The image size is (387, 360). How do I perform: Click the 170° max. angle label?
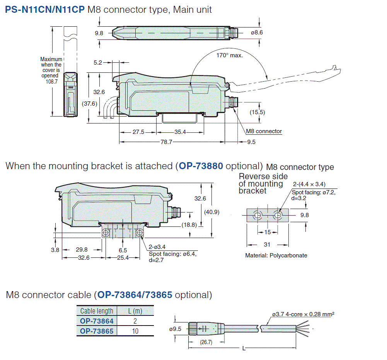pyautogui.click(x=229, y=55)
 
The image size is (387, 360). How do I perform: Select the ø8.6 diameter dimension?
pyautogui.click(x=257, y=33)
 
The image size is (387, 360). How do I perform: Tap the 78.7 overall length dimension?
pyautogui.click(x=166, y=142)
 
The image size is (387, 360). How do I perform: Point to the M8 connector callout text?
pyautogui.click(x=264, y=131)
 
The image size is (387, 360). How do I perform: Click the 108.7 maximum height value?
pyautogui.click(x=51, y=82)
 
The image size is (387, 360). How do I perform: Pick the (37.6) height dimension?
pyautogui.click(x=89, y=103)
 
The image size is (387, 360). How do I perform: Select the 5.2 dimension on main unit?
pyautogui.click(x=98, y=62)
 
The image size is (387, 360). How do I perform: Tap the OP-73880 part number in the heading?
pyautogui.click(x=201, y=166)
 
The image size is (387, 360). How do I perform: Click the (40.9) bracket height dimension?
pyautogui.click(x=211, y=212)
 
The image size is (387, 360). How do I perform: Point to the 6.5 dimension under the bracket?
pyautogui.click(x=123, y=250)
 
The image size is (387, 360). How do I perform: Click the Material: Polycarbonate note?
pyautogui.click(x=276, y=255)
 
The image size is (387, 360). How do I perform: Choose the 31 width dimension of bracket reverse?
pyautogui.click(x=267, y=244)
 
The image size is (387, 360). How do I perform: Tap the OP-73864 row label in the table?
pyautogui.click(x=97, y=321)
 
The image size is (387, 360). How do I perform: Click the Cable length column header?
pyautogui.click(x=97, y=311)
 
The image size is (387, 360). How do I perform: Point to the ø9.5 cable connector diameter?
pyautogui.click(x=176, y=329)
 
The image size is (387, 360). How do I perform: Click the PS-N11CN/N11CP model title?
pyautogui.click(x=45, y=9)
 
